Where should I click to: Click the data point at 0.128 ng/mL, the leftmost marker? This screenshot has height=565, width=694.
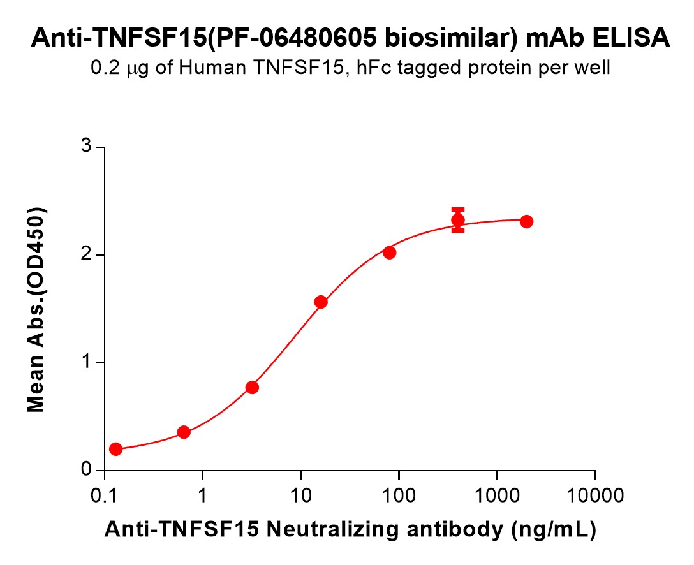(x=115, y=450)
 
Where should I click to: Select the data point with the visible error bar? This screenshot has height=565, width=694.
(x=458, y=221)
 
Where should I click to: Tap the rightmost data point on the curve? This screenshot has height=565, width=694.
(x=526, y=222)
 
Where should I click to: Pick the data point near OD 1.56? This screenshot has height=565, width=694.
(x=321, y=302)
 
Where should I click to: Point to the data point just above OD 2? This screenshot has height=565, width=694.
(x=390, y=253)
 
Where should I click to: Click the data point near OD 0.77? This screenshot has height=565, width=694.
(x=252, y=388)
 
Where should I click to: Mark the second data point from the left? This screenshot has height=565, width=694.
(x=184, y=432)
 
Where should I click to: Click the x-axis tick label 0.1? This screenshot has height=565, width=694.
(x=105, y=494)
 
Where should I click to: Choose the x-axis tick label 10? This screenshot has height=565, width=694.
(x=300, y=494)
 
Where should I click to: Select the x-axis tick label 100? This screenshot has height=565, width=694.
(x=399, y=494)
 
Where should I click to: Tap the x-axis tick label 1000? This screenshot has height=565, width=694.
(x=497, y=494)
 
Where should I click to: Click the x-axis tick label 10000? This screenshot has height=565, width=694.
(x=595, y=494)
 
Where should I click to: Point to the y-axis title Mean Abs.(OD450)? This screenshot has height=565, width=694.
(x=36, y=309)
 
